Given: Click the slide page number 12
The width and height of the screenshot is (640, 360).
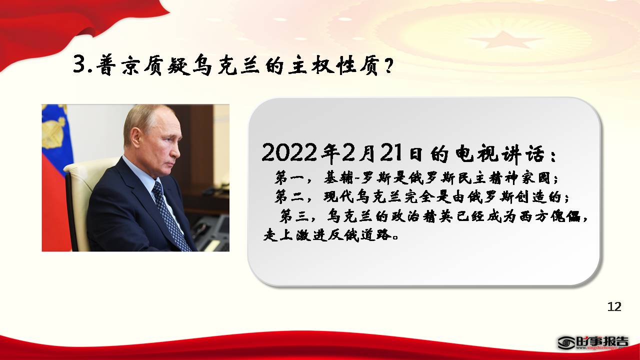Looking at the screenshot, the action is pyautogui.click(x=614, y=306).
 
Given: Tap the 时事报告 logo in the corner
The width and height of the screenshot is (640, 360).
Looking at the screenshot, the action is pyautogui.click(x=593, y=343).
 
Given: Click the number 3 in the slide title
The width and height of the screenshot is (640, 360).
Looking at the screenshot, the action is pyautogui.click(x=80, y=64).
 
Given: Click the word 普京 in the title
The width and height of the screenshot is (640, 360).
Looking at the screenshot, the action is pyautogui.click(x=117, y=65).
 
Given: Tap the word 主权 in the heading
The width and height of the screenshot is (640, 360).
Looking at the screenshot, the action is pyautogui.click(x=311, y=65).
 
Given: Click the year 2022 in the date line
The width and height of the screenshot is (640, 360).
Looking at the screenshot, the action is pyautogui.click(x=289, y=152).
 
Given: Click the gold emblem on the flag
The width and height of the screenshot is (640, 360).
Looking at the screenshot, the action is pyautogui.click(x=53, y=130).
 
